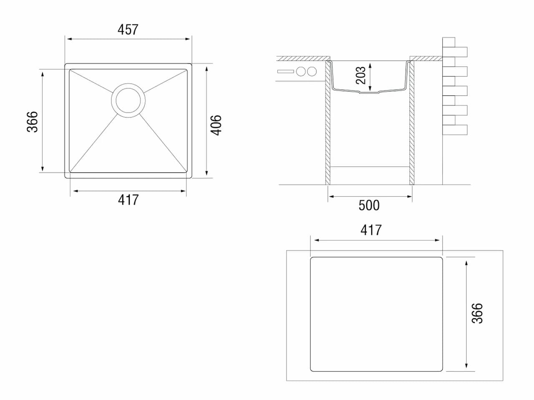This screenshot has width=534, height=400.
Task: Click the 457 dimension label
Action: coord(128,30)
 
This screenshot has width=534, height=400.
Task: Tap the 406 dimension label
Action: coord(216,125)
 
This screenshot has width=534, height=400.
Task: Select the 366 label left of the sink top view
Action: coord(33,122)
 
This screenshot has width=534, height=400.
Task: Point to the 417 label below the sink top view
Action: coord(128,200)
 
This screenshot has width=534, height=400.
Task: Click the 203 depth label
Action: coord(360,75)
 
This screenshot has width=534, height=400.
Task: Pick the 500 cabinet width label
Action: coord(369,205)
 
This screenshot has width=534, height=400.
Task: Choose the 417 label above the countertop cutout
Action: coord(371,230)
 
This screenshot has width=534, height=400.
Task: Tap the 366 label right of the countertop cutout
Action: coord(477,313)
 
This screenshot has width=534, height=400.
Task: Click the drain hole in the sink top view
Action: coord(128,100)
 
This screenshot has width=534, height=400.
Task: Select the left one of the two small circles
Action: coord(301,71)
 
